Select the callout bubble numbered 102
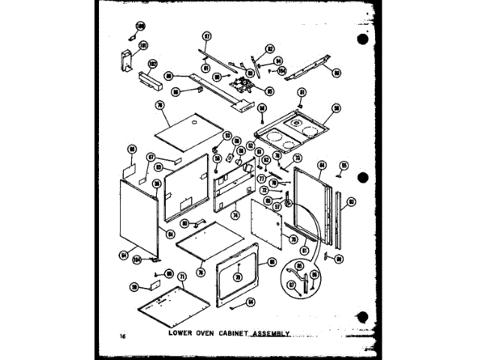pos(152,64)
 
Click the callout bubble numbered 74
pos(235,214)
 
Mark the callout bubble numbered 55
pos(344,165)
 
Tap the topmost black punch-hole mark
pos(364,38)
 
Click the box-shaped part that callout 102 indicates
pos(142,78)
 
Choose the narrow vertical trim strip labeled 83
pos(342,221)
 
